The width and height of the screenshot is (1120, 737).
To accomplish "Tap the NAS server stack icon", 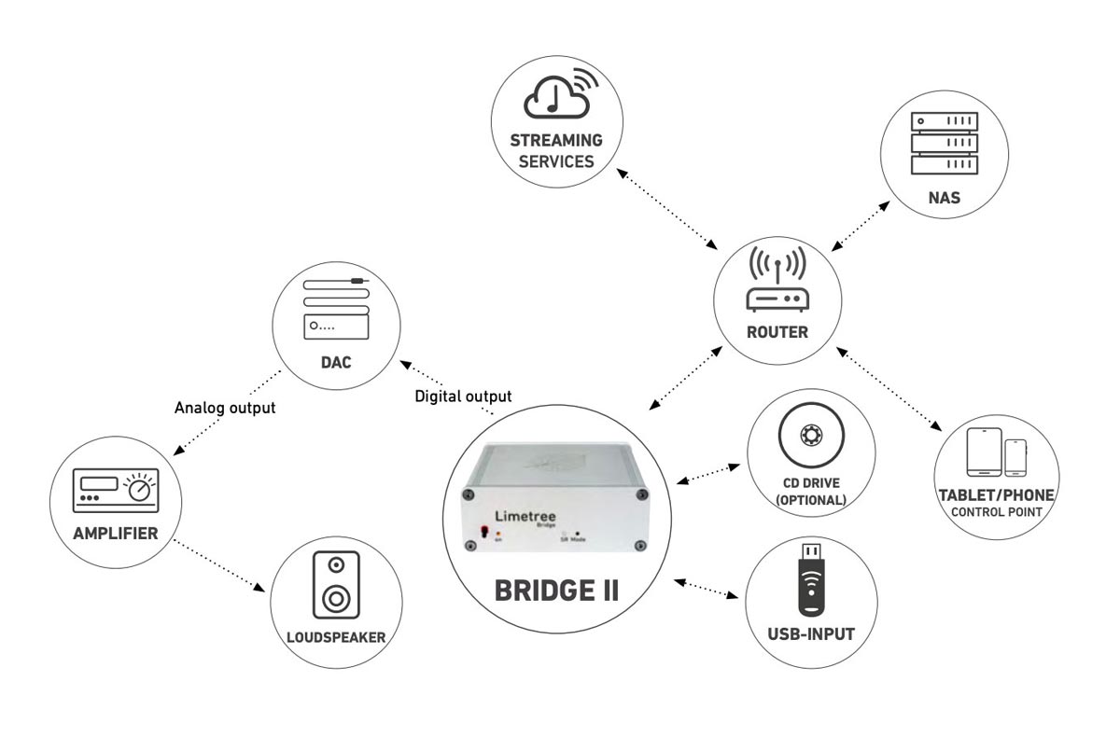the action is click(944, 143).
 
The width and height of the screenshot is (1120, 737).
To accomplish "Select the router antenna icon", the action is click(777, 280).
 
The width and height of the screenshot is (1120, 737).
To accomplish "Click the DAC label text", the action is click(336, 362).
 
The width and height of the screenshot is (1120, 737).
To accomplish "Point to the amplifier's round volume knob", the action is click(139, 490).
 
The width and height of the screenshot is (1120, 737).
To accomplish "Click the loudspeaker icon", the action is click(336, 585).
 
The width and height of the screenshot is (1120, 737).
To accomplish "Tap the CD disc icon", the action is click(811, 435).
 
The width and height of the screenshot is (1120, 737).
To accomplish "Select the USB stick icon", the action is click(811, 579).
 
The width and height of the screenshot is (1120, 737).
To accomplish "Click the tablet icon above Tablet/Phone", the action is click(984, 452).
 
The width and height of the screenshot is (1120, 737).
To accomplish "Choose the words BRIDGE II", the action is click(556, 591).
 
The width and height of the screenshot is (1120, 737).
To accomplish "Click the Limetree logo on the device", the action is click(525, 516).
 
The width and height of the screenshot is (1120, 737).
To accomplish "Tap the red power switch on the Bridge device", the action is click(483, 531).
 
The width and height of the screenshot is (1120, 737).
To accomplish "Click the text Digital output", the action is click(463, 396).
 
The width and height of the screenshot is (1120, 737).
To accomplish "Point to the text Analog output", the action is click(225, 408).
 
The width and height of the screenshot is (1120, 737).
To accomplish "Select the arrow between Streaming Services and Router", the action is click(667, 209).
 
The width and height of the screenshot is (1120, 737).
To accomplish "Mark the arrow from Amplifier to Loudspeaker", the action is click(219, 565).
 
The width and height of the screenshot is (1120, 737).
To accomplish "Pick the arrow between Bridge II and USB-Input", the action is click(706, 588).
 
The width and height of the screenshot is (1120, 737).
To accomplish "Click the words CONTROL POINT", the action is click(997, 512).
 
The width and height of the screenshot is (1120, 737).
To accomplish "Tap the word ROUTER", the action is click(777, 332).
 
